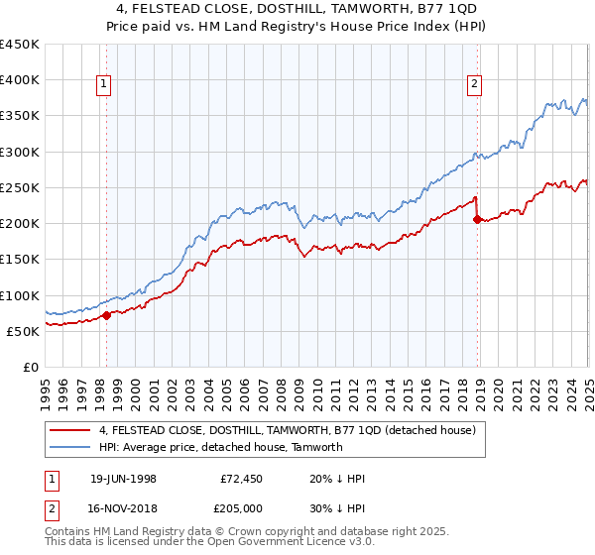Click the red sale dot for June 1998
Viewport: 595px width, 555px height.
(107, 315)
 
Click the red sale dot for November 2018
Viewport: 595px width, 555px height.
(477, 220)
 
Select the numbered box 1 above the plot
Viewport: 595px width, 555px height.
(104, 85)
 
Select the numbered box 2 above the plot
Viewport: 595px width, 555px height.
(475, 85)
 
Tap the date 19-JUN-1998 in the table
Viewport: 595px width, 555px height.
(123, 479)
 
